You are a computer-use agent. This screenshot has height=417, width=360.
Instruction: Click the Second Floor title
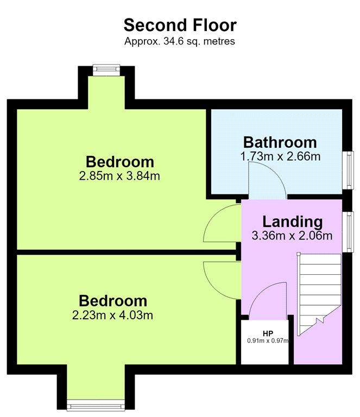pyautogui.click(x=180, y=26)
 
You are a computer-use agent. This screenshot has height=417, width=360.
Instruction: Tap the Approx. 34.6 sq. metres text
pyautogui.click(x=180, y=41)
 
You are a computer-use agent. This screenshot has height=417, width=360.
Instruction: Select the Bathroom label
pyautogui.click(x=280, y=142)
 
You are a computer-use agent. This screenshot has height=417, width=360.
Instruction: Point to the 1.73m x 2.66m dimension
pyautogui.click(x=280, y=156)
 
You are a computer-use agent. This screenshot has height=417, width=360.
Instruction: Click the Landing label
pyautogui.click(x=293, y=222)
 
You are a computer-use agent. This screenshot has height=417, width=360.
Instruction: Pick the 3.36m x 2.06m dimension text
pyautogui.click(x=292, y=236)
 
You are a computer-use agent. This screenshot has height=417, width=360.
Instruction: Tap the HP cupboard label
pyautogui.click(x=268, y=333)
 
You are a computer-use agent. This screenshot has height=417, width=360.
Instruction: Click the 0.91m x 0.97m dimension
pyautogui.click(x=268, y=340)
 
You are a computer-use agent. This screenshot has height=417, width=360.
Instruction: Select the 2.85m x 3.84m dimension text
pyautogui.click(x=119, y=176)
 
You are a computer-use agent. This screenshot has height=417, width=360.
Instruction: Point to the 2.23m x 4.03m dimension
pyautogui.click(x=112, y=315)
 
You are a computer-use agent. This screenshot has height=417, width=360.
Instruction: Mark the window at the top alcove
pyautogui.click(x=106, y=68)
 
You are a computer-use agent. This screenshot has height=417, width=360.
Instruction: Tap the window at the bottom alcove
pyautogui.click(x=96, y=406)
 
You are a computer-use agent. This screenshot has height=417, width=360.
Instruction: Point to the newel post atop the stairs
pyautogui.click(x=299, y=254)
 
